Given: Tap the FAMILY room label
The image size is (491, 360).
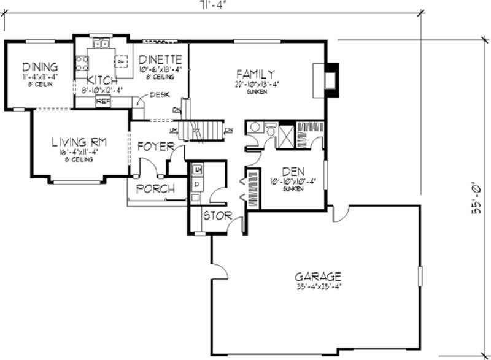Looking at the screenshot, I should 253,74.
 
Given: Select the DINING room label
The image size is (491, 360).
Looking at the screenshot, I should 40,67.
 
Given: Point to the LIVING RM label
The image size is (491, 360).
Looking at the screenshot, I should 80,142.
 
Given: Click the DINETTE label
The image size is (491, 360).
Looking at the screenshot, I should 159,59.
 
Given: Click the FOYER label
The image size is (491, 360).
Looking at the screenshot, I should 152,147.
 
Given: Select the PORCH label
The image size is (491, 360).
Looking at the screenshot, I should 155,188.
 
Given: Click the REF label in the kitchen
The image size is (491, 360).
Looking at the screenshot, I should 102,100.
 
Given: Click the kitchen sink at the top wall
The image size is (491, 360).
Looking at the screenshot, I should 101,44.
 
